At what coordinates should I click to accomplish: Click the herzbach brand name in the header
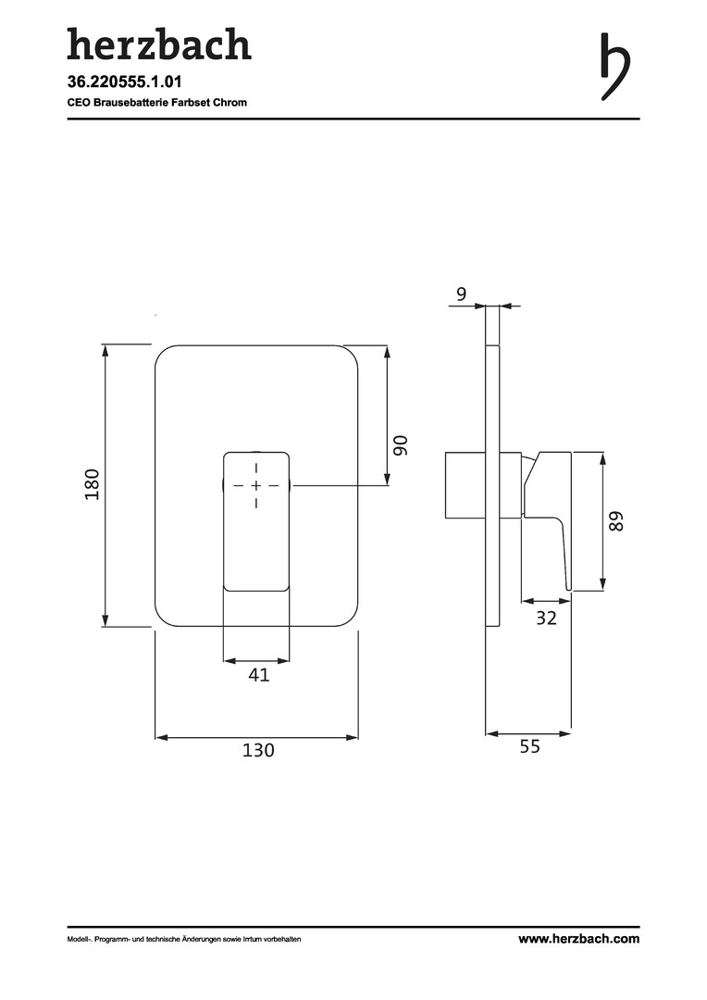click(x=159, y=44)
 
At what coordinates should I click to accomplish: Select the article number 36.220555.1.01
click(x=124, y=81)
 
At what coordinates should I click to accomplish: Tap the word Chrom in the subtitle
click(x=230, y=102)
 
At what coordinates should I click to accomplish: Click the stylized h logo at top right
click(x=615, y=67)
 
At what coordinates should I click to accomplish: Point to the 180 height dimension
click(x=93, y=484)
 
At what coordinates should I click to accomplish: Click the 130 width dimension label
click(x=258, y=749)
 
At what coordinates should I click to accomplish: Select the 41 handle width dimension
click(x=259, y=674)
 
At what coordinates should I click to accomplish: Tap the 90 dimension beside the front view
click(x=401, y=445)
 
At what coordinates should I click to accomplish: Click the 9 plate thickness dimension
click(x=462, y=294)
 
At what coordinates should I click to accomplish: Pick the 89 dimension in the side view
click(x=616, y=521)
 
